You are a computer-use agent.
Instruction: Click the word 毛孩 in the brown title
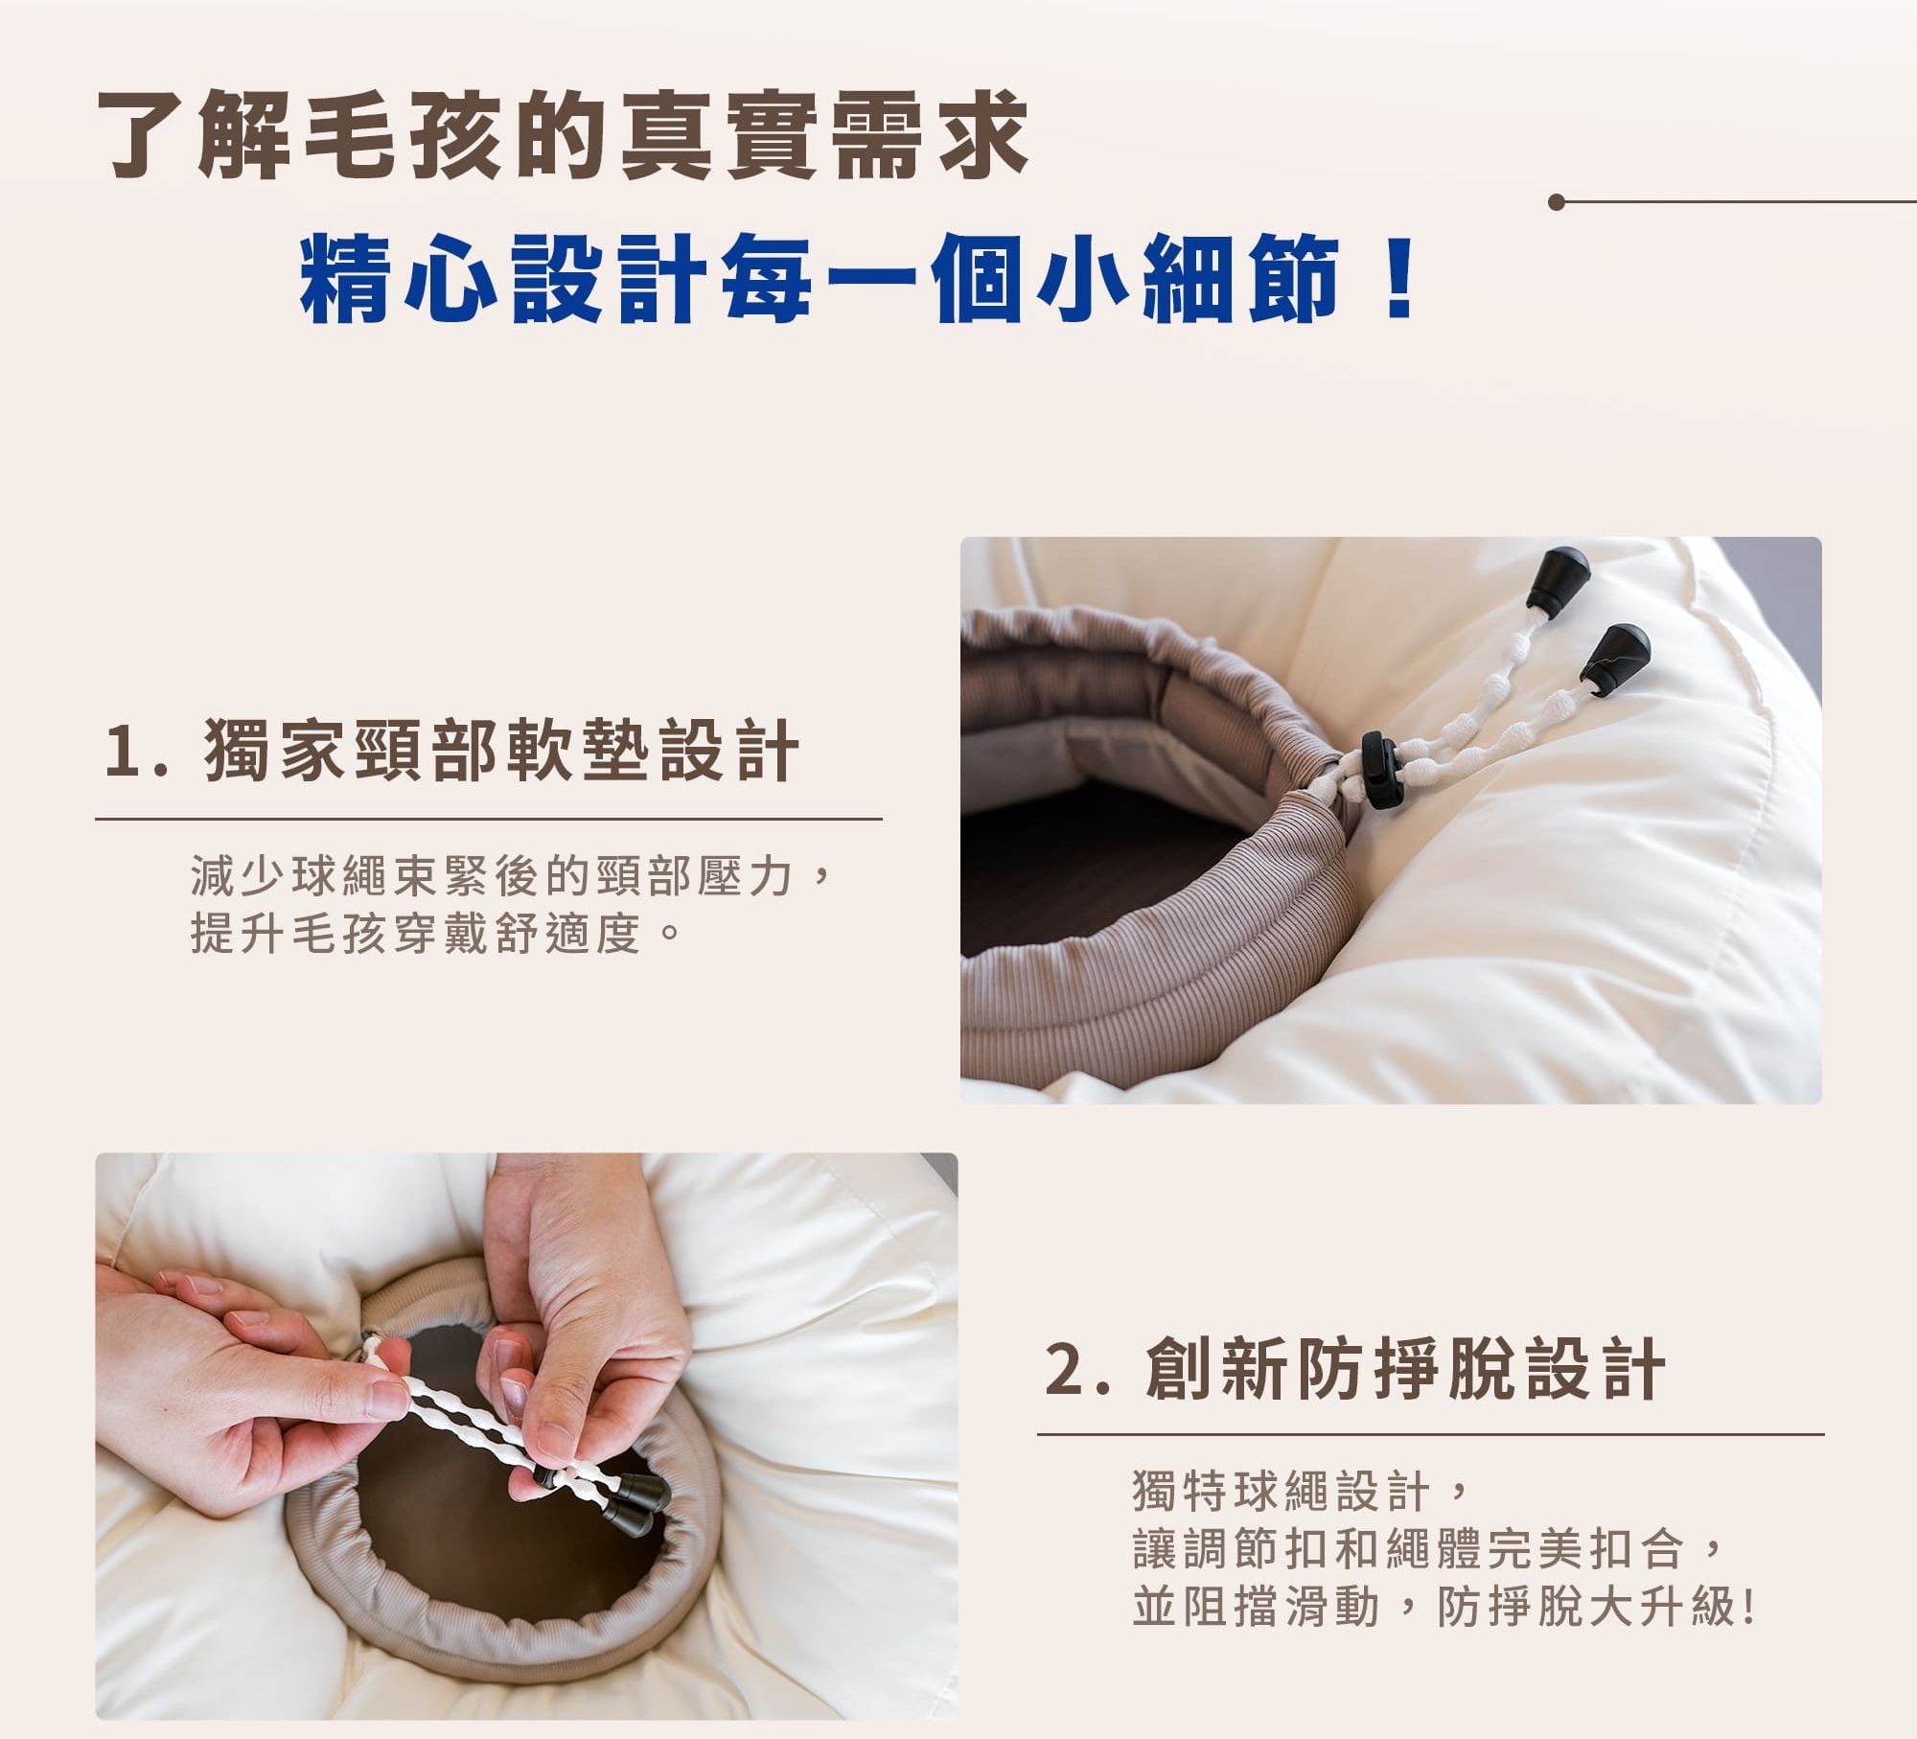point(403,134)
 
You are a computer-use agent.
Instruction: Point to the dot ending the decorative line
point(1557,202)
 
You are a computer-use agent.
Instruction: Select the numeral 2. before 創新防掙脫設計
point(1077,1369)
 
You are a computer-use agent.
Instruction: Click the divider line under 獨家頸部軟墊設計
point(489,820)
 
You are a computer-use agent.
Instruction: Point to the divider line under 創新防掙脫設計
point(1430,1435)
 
